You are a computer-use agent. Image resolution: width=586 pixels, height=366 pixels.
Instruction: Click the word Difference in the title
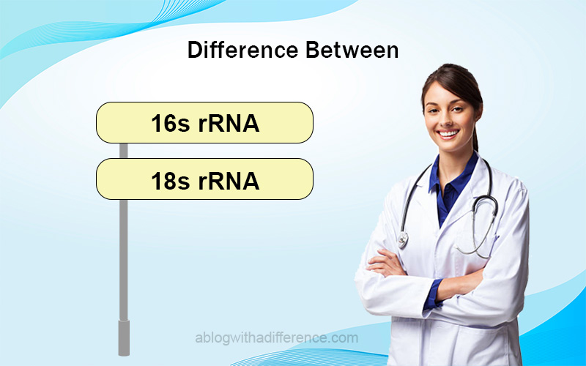click(x=243, y=50)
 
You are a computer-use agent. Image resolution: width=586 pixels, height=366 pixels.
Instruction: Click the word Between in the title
click(x=352, y=50)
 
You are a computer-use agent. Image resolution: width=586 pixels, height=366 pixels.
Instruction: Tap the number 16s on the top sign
click(x=170, y=124)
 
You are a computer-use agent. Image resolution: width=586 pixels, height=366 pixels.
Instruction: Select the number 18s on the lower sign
click(x=170, y=181)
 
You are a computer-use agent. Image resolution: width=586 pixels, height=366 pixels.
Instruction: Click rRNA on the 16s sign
click(x=229, y=124)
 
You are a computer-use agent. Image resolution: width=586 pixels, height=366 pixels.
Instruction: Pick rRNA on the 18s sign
click(x=229, y=181)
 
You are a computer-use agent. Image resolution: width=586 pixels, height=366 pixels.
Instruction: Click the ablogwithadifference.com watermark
click(x=277, y=338)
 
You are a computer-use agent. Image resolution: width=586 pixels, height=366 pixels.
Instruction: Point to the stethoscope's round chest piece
click(x=403, y=240)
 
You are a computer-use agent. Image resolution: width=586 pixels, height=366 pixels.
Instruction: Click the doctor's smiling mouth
click(x=448, y=133)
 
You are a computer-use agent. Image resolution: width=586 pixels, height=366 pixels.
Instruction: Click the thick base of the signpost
click(x=124, y=337)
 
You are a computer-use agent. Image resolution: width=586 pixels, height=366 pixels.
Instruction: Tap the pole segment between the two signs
click(x=123, y=151)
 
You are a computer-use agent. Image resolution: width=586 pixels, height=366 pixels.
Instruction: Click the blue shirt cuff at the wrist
click(x=432, y=295)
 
